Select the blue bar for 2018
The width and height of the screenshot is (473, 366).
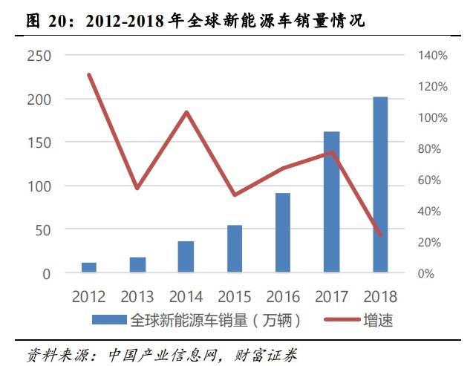click(380, 185)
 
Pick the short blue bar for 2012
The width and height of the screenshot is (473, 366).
click(89, 267)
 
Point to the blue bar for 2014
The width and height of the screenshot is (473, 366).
click(186, 257)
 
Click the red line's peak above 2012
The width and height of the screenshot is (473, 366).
click(89, 75)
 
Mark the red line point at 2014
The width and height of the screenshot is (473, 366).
click(186, 113)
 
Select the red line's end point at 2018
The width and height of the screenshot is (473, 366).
click(380, 235)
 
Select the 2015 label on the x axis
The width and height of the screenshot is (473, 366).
click(235, 297)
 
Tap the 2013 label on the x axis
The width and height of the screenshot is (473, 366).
click(137, 297)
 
